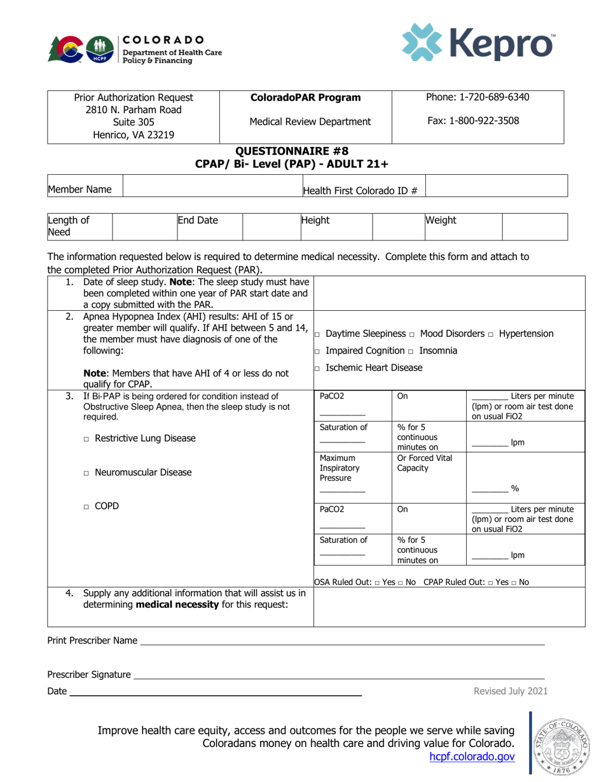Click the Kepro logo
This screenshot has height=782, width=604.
point(477,43)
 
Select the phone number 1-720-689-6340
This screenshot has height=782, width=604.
point(477,97)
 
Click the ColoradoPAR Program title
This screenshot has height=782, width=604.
point(306,98)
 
